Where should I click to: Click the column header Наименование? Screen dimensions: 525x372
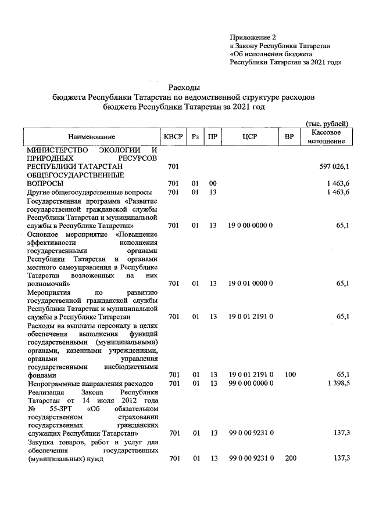click(x=91, y=137)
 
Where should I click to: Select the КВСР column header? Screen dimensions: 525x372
click(x=173, y=137)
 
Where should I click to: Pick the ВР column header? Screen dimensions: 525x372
click(x=289, y=137)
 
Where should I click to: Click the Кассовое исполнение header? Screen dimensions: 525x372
click(x=325, y=137)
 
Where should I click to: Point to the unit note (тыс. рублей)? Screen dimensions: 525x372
click(x=327, y=124)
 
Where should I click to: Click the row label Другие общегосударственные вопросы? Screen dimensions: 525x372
click(x=90, y=192)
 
